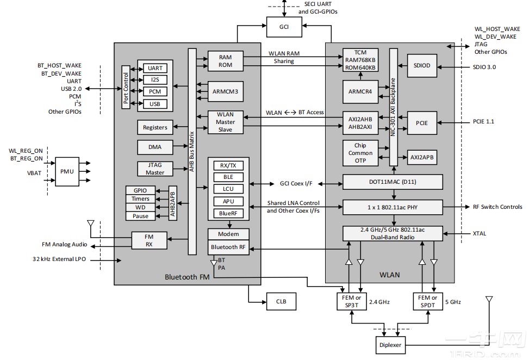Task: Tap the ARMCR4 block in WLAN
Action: click(x=360, y=91)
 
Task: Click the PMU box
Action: click(x=67, y=171)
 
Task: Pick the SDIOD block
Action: click(x=421, y=66)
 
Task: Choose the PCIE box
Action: click(x=422, y=123)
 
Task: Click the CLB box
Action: click(x=281, y=301)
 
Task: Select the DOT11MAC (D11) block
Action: click(x=393, y=182)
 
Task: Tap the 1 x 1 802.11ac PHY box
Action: click(x=393, y=207)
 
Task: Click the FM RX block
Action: click(x=148, y=240)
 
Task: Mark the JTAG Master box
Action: click(x=154, y=169)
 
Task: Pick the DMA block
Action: click(x=154, y=147)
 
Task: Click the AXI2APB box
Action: click(x=421, y=157)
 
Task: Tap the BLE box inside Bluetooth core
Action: click(x=228, y=177)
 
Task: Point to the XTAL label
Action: click(x=480, y=234)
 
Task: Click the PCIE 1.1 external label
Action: click(x=484, y=121)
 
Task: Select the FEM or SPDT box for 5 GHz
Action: click(x=427, y=301)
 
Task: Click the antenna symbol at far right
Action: click(x=489, y=301)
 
